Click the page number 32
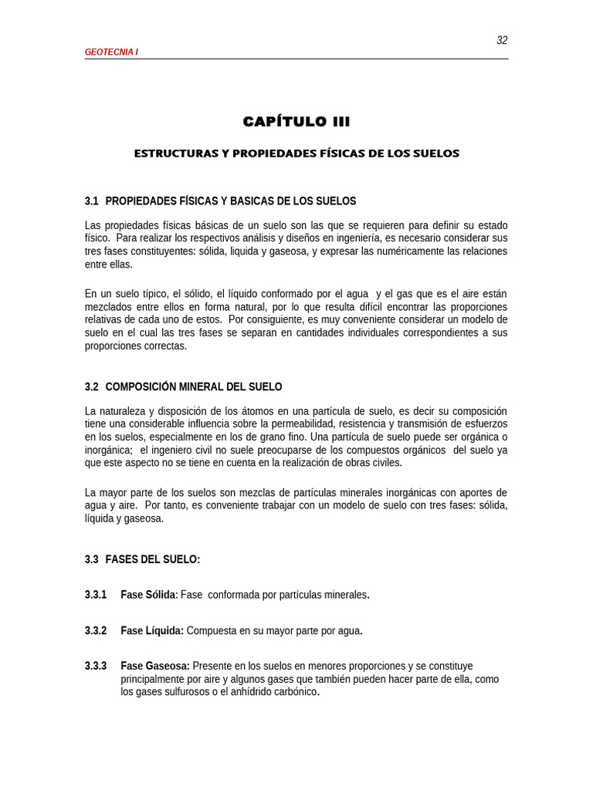coord(502,41)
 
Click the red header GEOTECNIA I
coord(111,52)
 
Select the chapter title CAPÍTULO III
coord(296,121)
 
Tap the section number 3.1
coord(92,201)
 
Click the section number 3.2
coord(92,387)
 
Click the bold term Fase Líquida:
coord(152,630)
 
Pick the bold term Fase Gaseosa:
coord(155,666)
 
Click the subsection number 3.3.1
coord(96,595)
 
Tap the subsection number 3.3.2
coord(96,630)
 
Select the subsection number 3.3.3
coord(96,666)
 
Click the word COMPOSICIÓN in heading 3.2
coord(141,387)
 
